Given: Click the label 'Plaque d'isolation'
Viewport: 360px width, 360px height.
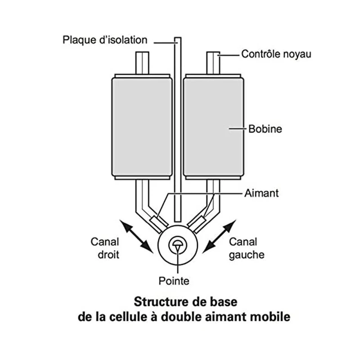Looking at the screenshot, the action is [x=105, y=40].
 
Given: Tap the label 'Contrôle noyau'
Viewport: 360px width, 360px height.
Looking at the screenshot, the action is [x=276, y=54].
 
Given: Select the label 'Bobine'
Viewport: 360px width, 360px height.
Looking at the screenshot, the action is [x=265, y=129].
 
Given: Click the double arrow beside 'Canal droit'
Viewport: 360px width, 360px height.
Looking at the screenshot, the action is [x=136, y=235].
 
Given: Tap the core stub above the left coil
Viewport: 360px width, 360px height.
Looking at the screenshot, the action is [x=143, y=63].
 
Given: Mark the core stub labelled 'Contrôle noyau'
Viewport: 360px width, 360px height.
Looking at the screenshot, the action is [x=214, y=63].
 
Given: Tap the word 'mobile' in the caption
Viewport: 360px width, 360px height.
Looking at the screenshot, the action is [x=270, y=316].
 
